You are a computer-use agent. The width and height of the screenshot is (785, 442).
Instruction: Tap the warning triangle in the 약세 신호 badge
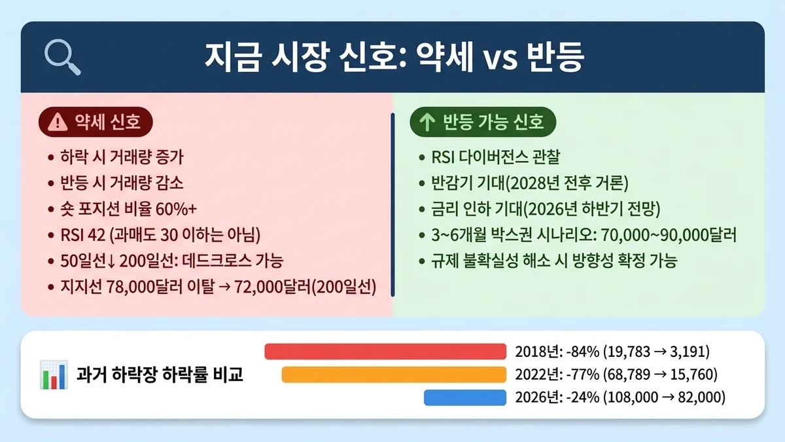click(59, 122)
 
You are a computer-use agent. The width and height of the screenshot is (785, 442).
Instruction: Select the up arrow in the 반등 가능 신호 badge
click(427, 122)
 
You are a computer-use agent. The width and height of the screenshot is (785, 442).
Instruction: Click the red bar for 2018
click(385, 352)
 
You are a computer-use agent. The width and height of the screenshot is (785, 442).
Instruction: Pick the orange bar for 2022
click(394, 375)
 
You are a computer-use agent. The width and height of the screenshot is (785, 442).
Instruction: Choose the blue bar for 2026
click(465, 397)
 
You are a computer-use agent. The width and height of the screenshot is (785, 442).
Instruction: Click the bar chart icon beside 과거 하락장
click(53, 375)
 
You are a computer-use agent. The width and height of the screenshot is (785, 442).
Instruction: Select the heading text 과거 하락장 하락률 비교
click(160, 375)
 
